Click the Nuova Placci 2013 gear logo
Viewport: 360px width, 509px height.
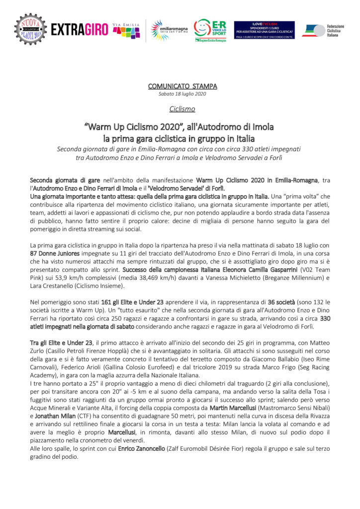click(x=30, y=29)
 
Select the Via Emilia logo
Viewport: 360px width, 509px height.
click(x=126, y=30)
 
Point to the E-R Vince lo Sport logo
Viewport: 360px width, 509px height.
click(x=210, y=30)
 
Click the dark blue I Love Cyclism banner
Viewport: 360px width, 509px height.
click(x=264, y=30)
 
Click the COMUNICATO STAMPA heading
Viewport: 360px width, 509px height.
click(x=182, y=86)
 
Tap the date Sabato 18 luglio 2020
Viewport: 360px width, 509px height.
click(x=182, y=93)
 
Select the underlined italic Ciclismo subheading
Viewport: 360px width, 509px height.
click(x=182, y=108)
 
